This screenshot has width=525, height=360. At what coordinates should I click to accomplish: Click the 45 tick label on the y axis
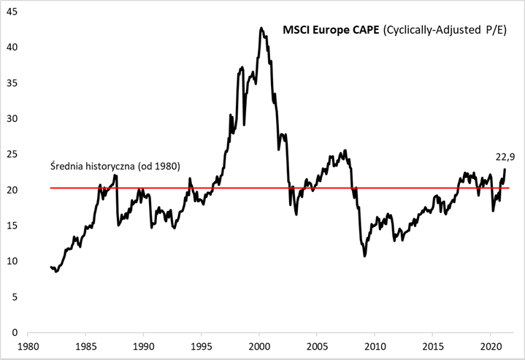[13, 12]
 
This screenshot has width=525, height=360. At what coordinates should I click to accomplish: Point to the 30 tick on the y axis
[13, 118]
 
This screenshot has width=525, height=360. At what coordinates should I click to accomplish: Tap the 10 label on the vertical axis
[13, 261]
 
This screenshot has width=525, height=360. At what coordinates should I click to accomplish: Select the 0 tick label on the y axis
[16, 332]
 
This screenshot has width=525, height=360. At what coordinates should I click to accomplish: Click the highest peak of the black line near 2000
[261, 28]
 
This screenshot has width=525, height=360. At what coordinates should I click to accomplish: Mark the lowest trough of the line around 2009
[364, 256]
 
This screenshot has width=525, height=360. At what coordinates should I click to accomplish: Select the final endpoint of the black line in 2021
[505, 169]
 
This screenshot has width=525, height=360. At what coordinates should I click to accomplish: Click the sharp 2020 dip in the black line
[493, 210]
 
